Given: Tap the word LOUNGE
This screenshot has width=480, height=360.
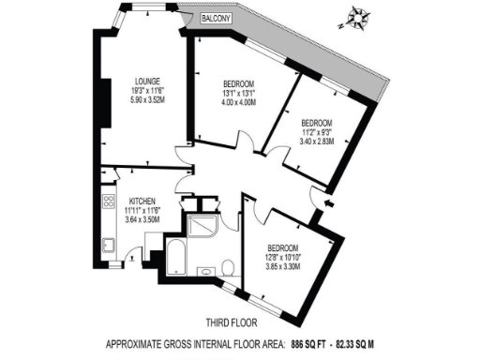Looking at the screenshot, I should [x=146, y=82].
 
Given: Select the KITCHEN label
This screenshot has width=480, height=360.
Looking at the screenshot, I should [x=142, y=202].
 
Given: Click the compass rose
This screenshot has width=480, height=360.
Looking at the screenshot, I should [x=357, y=16].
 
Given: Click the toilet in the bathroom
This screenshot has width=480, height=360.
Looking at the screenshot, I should [x=227, y=269].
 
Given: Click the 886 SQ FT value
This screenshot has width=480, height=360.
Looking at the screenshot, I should [x=317, y=343].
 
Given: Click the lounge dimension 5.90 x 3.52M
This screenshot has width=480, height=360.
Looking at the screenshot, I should [x=146, y=98].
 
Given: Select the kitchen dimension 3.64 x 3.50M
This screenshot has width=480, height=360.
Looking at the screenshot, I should [x=142, y=218].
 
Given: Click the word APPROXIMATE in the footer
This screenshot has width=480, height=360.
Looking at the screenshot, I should [x=136, y=343].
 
